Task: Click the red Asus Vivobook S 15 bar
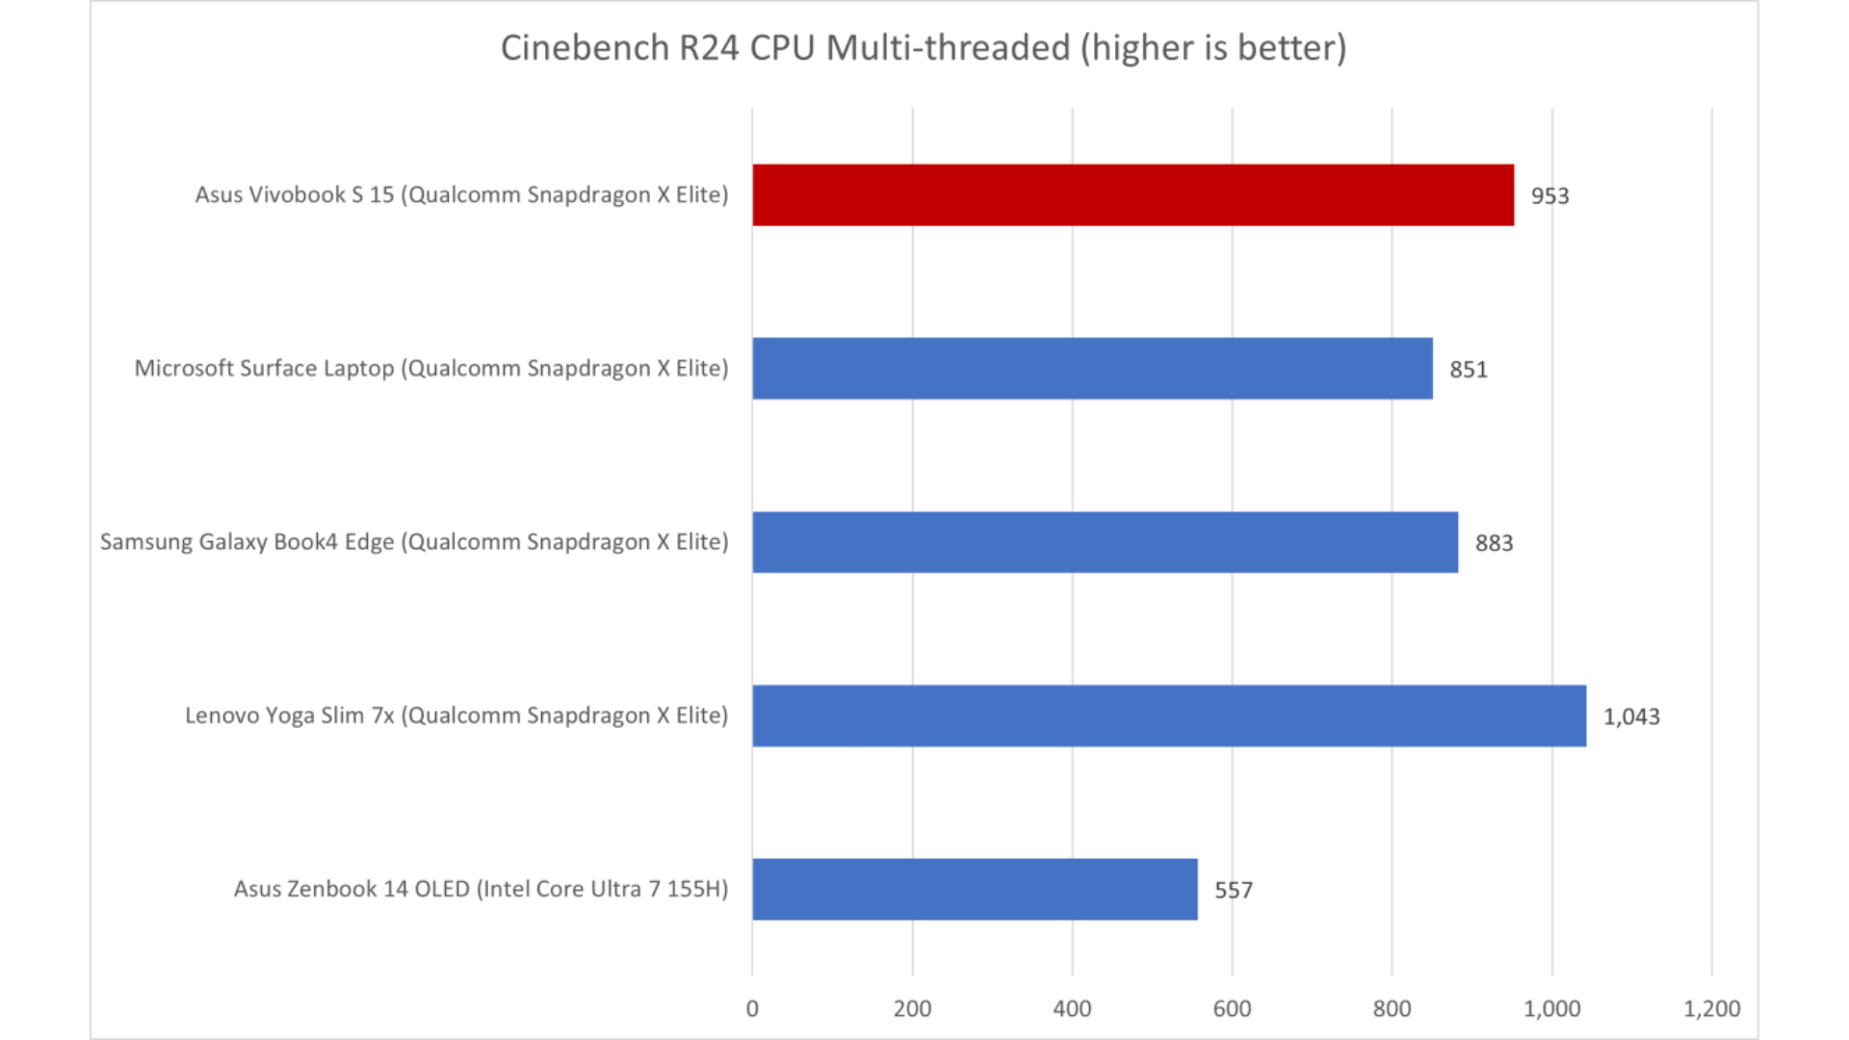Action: [1133, 195]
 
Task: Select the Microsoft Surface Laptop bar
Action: [1092, 368]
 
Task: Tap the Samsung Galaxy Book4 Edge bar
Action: [1105, 542]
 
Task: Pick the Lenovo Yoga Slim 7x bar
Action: [1169, 715]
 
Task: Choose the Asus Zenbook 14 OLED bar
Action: [975, 889]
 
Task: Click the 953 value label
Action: [1550, 195]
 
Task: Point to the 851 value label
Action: [1469, 370]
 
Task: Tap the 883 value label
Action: [1494, 543]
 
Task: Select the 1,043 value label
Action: [1631, 716]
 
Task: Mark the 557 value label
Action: [1234, 890]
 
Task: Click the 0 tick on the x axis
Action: [752, 1008]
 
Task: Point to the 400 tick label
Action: [1072, 1008]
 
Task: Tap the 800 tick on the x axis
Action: [1392, 1008]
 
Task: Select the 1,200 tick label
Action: [1711, 1008]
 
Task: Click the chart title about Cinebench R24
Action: [924, 48]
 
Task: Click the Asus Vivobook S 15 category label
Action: [461, 195]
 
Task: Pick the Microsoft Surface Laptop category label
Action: [430, 368]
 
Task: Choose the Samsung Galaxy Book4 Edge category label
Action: [414, 542]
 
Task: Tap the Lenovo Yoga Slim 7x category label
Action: [456, 715]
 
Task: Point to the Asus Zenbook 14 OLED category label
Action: [481, 889]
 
